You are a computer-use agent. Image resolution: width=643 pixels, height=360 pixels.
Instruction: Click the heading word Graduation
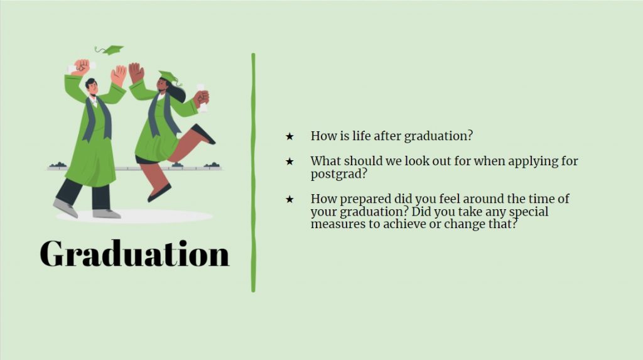(134, 254)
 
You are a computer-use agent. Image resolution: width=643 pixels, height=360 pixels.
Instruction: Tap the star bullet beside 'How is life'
(289, 136)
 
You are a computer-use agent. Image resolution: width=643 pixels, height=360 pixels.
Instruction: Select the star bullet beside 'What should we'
(289, 161)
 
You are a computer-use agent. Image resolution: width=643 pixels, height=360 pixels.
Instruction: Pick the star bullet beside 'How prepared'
(289, 199)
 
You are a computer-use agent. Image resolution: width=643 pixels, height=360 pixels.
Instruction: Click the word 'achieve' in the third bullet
(404, 224)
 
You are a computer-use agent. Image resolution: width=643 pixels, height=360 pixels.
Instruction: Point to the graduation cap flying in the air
(109, 50)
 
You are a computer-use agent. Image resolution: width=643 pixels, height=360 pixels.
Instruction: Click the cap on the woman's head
(168, 77)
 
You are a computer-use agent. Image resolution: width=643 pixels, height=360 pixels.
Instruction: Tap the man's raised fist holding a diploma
(82, 67)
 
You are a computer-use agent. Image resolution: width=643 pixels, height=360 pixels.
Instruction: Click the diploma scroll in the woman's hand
(202, 99)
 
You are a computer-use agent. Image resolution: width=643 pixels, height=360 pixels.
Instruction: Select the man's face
(92, 87)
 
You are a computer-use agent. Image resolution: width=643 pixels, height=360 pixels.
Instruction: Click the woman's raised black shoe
(204, 134)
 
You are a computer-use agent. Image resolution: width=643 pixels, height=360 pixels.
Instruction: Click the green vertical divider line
(254, 172)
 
